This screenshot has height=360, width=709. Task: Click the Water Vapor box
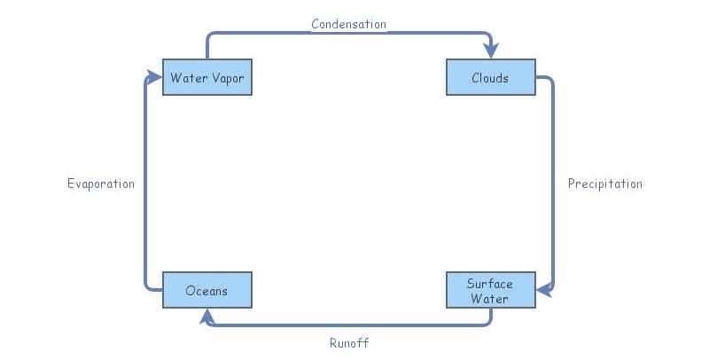pos(207,78)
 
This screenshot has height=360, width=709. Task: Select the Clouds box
pos(490,78)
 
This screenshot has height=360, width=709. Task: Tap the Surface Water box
pos(490,291)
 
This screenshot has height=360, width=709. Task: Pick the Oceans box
pos(207,291)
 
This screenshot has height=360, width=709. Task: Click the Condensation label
pos(348,24)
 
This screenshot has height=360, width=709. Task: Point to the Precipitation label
pos(604,184)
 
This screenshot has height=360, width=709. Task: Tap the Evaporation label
pos(101,184)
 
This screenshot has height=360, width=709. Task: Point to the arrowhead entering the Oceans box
pos(207,314)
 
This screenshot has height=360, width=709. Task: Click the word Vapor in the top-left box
pos(228,78)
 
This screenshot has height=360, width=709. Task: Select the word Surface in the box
pos(490,284)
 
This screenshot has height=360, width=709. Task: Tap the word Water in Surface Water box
pos(490,299)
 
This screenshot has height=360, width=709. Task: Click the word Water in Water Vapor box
pos(189,78)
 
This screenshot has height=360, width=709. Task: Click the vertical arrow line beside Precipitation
pos(554,184)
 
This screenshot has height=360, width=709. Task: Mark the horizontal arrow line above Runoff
pos(348,325)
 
